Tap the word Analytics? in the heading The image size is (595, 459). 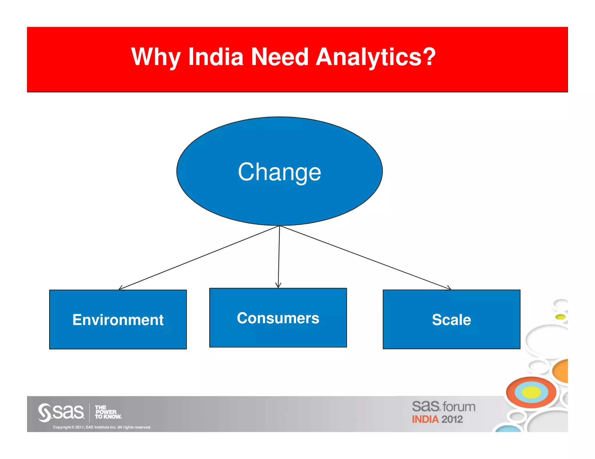pyautogui.click(x=375, y=57)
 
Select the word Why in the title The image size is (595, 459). pyautogui.click(x=155, y=57)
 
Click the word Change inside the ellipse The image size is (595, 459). pyautogui.click(x=279, y=172)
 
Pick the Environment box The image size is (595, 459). pyautogui.click(x=118, y=319)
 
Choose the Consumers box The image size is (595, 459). pyautogui.click(x=278, y=318)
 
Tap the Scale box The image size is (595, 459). pyautogui.click(x=451, y=319)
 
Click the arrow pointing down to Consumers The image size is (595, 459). pyautogui.click(x=279, y=257)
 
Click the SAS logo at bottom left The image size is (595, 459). pyautogui.click(x=61, y=412)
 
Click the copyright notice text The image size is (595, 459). pyautogui.click(x=102, y=427)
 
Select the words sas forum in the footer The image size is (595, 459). pyautogui.click(x=443, y=406)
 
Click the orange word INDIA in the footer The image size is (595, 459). pyautogui.click(x=425, y=420)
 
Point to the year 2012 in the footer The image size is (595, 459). pyautogui.click(x=452, y=420)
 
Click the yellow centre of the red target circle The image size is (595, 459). pyautogui.click(x=531, y=393)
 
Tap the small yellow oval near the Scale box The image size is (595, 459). pyautogui.click(x=560, y=317)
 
